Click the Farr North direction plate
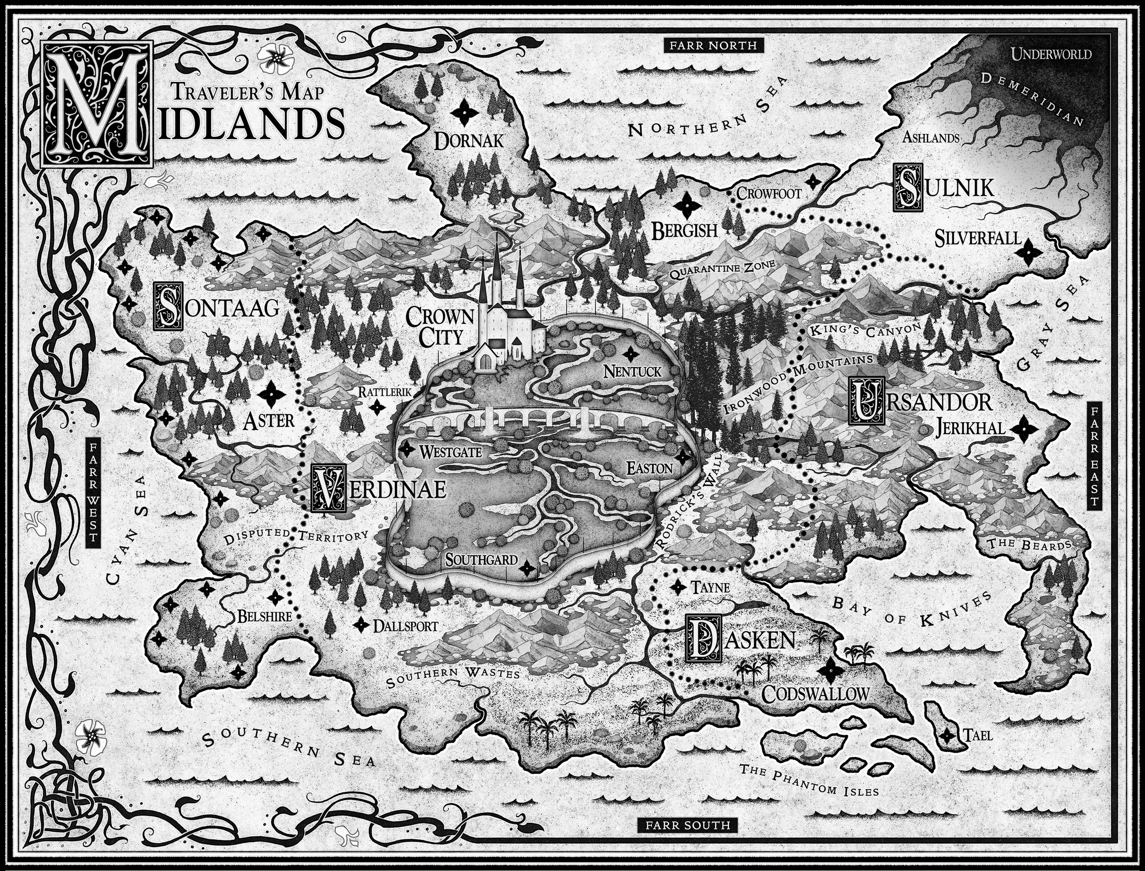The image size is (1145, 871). point(713,46)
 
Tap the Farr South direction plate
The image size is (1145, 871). point(687,825)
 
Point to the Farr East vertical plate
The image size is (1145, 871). point(1094,457)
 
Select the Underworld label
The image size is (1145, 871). point(1051,54)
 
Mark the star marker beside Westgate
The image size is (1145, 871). point(408,449)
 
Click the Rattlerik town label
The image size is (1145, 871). point(384,392)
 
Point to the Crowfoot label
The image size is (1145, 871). point(769,193)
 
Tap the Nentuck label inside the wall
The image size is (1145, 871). point(632,371)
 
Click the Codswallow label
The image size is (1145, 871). point(815,694)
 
